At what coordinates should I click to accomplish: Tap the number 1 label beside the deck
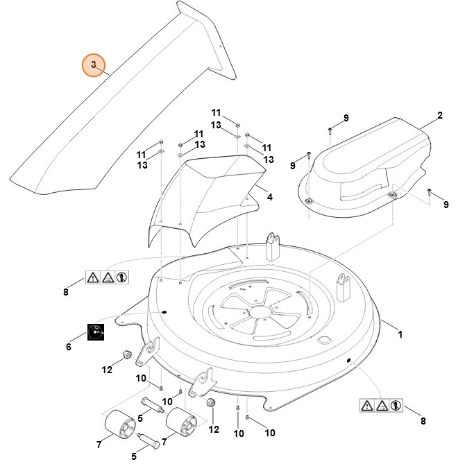399,334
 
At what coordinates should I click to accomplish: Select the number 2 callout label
440,115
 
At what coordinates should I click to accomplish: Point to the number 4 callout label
269,197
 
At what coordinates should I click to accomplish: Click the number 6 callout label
68,346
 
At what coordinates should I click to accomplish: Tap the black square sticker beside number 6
95,332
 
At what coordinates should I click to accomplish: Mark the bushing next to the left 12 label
127,356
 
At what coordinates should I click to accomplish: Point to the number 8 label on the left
66,292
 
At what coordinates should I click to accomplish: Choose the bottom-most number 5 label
135,457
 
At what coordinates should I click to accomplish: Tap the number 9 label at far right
446,204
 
